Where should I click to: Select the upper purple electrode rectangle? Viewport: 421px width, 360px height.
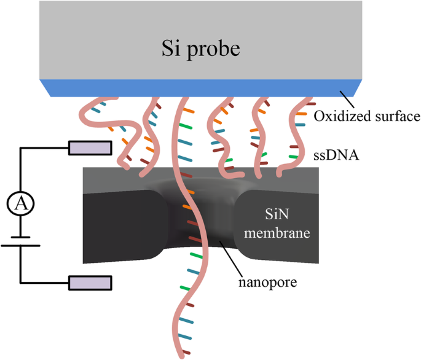coord(90,147)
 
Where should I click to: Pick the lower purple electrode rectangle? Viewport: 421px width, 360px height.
coord(90,283)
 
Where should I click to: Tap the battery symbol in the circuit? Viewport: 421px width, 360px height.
coord(20,241)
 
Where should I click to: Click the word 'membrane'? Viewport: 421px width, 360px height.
coord(282,233)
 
